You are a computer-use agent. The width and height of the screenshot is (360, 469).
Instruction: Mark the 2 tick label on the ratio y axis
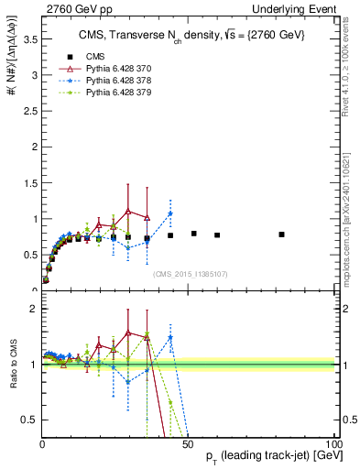[32, 309]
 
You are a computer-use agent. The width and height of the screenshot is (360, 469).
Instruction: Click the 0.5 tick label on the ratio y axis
[27, 420]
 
